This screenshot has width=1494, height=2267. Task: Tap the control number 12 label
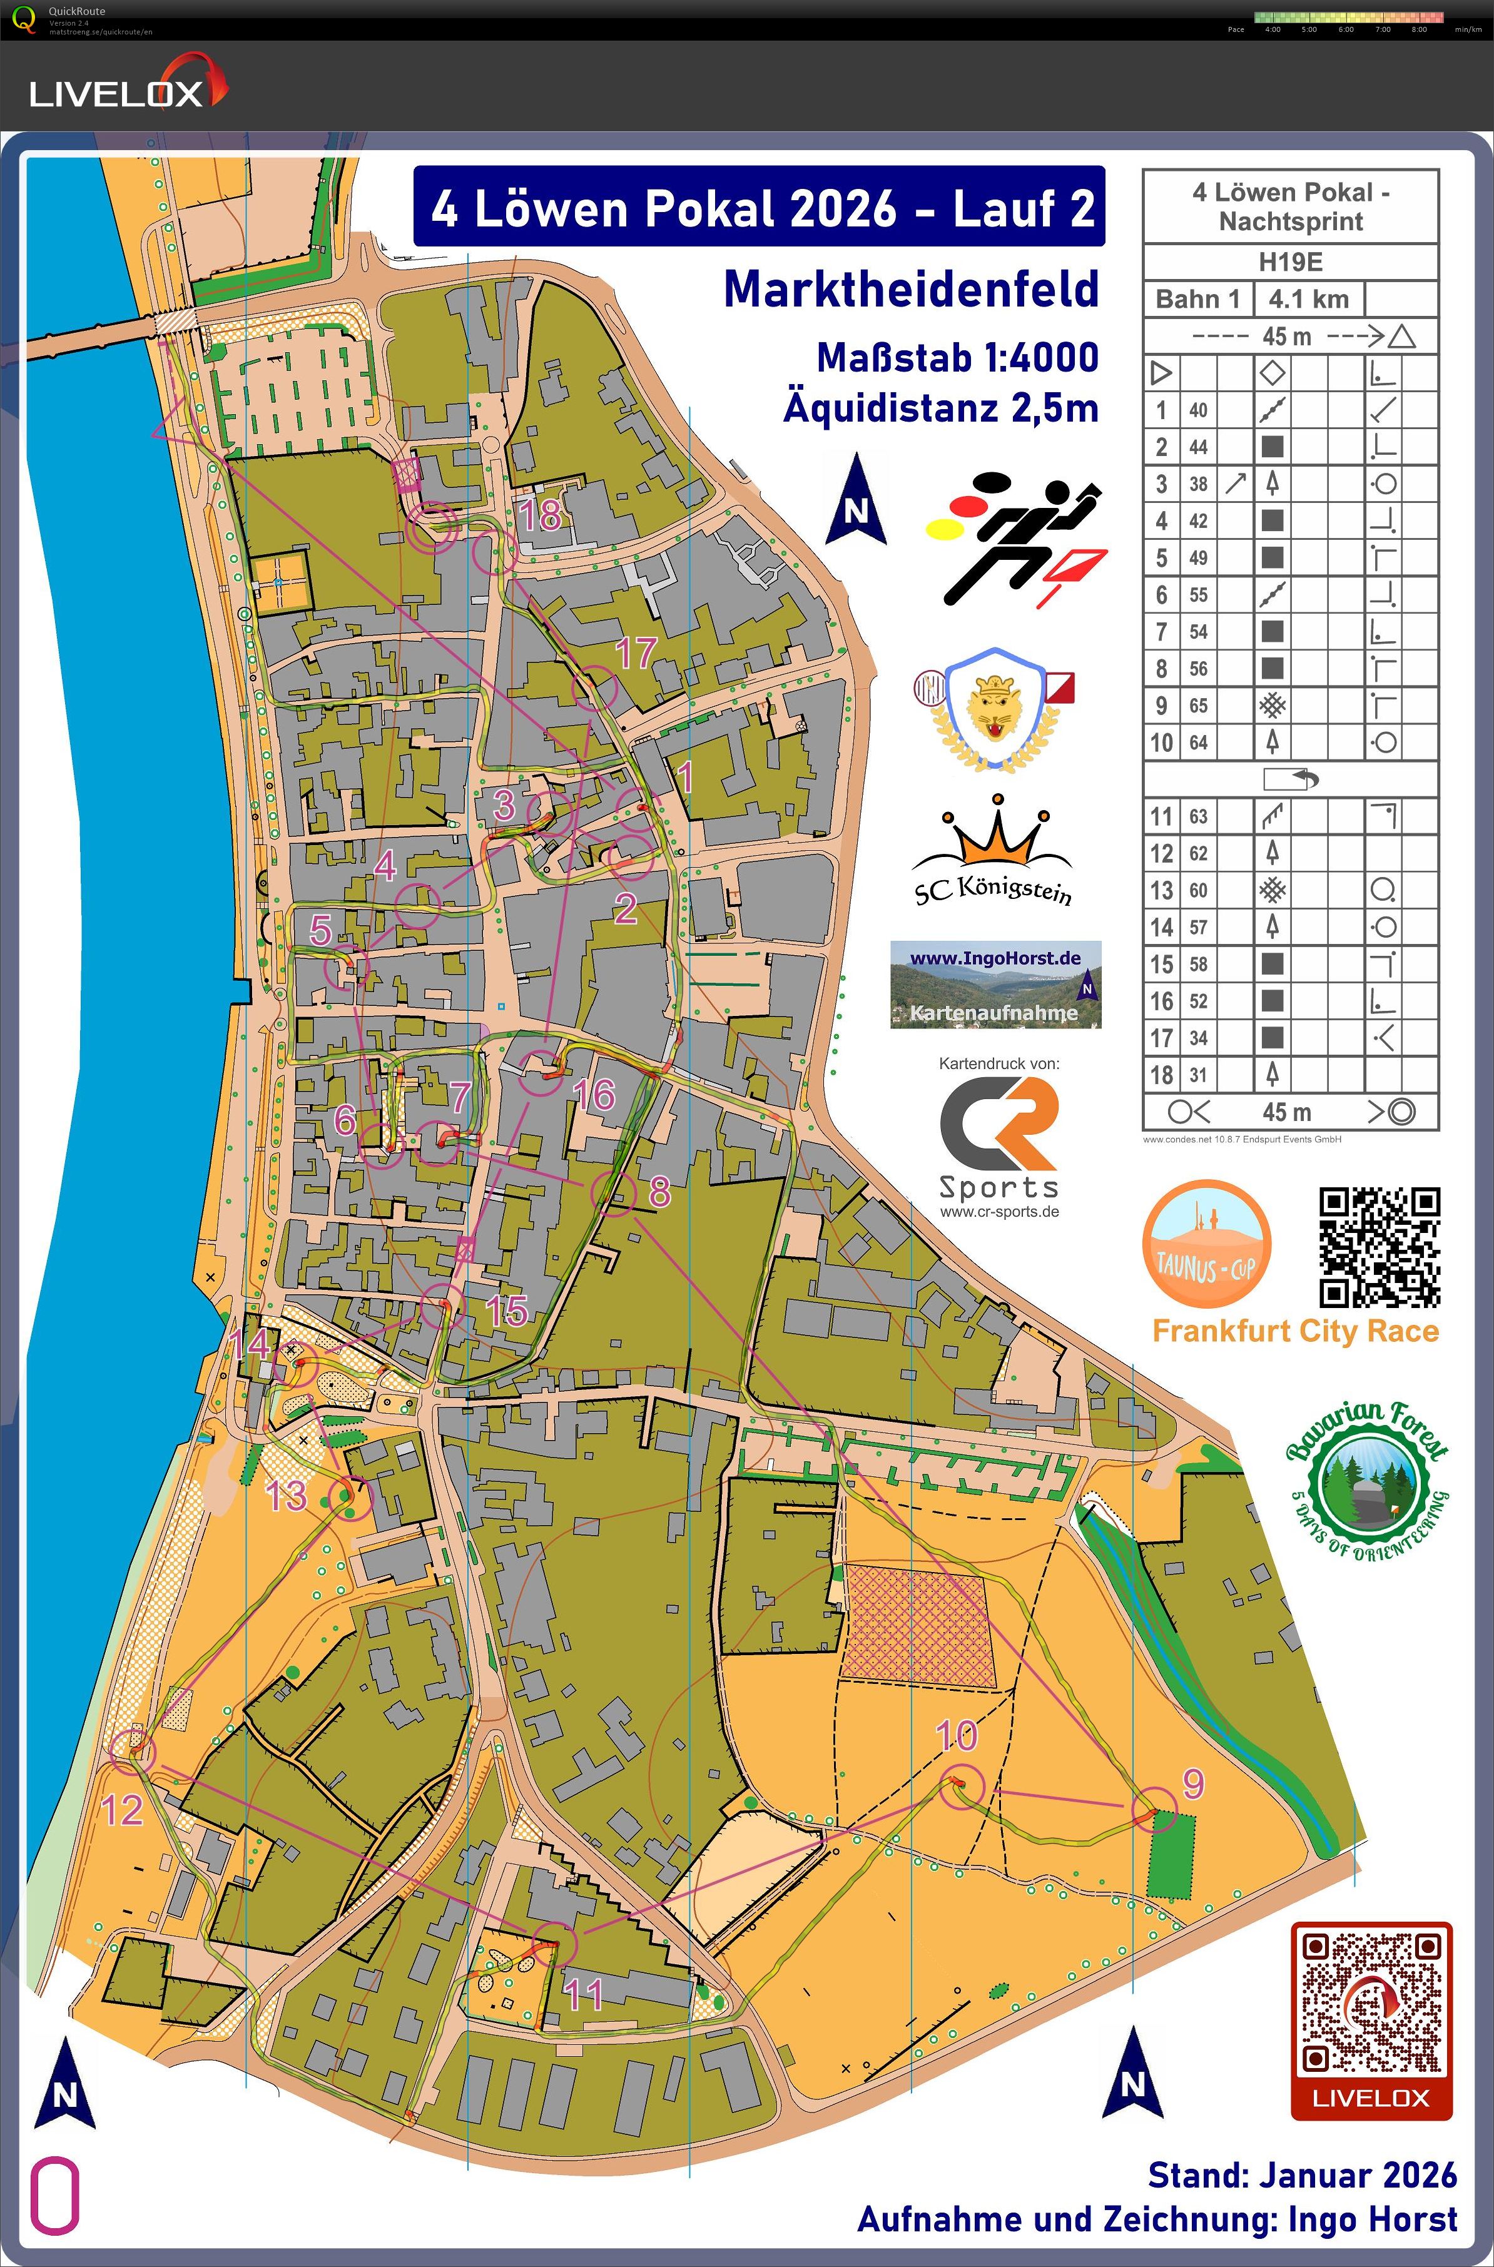pyautogui.click(x=122, y=1810)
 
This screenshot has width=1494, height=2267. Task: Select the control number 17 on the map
pyautogui.click(x=636, y=652)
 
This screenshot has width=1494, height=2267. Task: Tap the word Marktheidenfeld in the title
pyautogui.click(x=911, y=290)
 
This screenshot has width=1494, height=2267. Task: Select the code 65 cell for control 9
pyautogui.click(x=1197, y=706)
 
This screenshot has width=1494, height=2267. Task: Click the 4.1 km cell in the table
pyautogui.click(x=1308, y=299)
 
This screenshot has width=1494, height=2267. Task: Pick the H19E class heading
pyautogui.click(x=1290, y=262)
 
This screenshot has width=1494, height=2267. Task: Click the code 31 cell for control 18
pyautogui.click(x=1197, y=1075)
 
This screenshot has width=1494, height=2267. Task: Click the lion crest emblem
pyautogui.click(x=993, y=707)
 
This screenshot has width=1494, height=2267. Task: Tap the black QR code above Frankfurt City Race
pyautogui.click(x=1379, y=1247)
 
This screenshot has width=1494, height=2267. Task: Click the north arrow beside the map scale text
pyautogui.click(x=856, y=500)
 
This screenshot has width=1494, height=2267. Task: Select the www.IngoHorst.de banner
pyautogui.click(x=995, y=984)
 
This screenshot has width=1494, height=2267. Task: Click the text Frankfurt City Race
pyautogui.click(x=1295, y=1331)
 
